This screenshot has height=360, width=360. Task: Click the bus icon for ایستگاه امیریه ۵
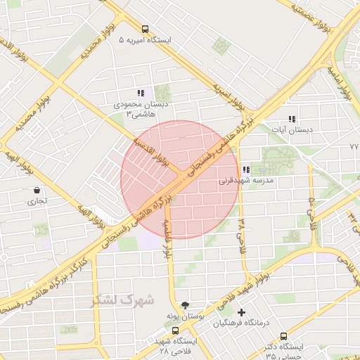coord(145,30)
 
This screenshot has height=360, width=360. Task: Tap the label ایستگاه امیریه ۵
coord(146,41)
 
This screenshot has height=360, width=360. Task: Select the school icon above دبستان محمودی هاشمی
coord(141,92)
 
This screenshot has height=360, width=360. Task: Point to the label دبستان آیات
coord(296,130)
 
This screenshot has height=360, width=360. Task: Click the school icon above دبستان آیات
coord(292,119)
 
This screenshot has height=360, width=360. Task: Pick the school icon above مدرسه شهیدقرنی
coord(245,169)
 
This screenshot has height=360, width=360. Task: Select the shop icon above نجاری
coord(37,190)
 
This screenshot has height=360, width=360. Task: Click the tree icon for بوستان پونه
coord(184,305)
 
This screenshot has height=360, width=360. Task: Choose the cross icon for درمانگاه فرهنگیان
coord(242,312)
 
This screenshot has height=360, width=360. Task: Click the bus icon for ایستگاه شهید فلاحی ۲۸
coord(175,330)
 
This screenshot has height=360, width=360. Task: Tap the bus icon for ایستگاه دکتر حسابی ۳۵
coord(283,336)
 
